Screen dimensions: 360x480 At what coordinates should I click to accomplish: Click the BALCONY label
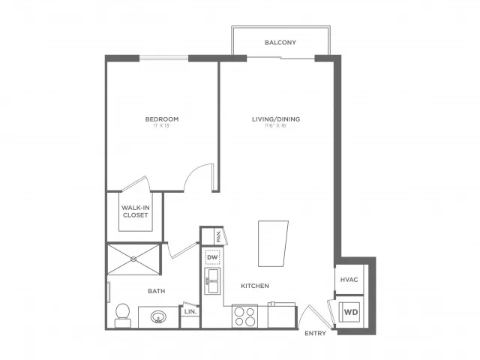(280, 43)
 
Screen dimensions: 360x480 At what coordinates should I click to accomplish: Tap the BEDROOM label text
(162, 119)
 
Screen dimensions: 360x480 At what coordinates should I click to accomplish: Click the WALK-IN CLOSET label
(135, 211)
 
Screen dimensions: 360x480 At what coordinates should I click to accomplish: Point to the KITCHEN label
(255, 286)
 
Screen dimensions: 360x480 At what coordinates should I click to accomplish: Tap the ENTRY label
(315, 333)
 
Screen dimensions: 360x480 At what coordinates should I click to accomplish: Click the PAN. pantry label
(217, 235)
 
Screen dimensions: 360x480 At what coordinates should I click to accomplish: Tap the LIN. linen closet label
(190, 311)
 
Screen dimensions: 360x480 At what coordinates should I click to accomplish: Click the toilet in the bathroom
(121, 315)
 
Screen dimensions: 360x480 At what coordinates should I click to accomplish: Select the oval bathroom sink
(159, 316)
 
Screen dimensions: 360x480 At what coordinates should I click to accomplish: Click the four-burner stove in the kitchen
(244, 316)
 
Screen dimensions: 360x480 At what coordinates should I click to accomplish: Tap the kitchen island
(273, 243)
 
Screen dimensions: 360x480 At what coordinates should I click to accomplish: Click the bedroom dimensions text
(162, 126)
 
